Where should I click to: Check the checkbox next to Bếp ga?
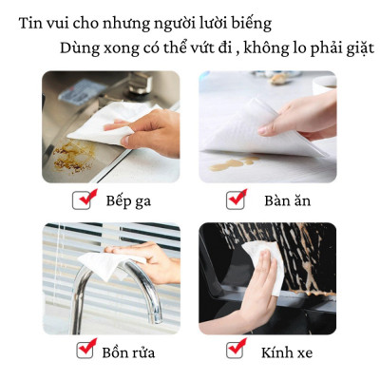[84, 200]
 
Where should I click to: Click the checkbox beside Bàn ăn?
[236, 200]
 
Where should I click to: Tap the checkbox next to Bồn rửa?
[85, 350]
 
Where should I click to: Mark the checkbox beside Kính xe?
[236, 351]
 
